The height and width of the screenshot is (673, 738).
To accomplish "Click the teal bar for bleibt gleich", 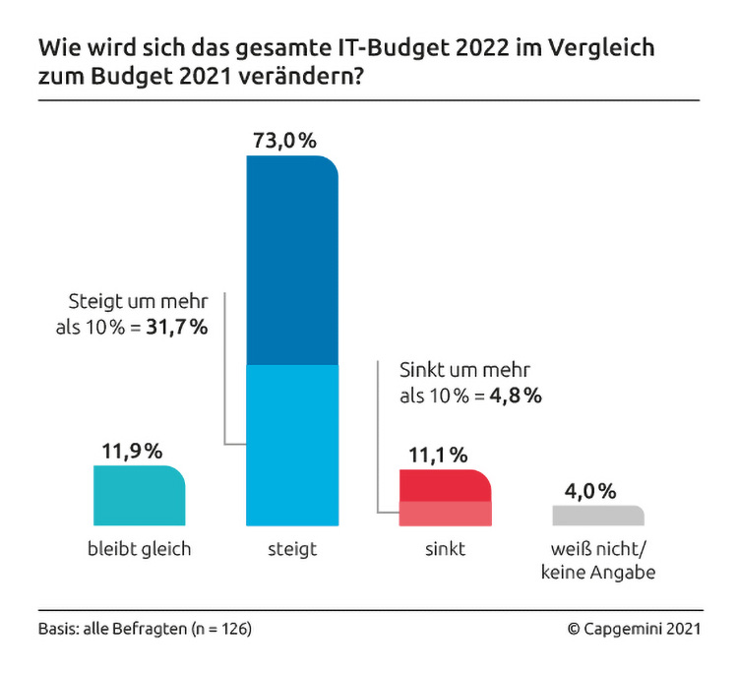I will tap(139, 495).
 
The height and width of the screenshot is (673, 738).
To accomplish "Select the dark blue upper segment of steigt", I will tap(291, 261).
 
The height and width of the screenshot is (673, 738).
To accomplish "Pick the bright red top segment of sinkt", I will tap(445, 486).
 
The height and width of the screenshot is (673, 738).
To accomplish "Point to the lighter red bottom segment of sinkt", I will tap(445, 514).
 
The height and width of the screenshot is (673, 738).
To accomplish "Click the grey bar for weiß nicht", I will tap(598, 516).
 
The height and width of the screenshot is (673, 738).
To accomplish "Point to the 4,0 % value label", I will tap(590, 490).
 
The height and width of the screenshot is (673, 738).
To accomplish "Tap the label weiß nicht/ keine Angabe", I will tap(598, 560).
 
